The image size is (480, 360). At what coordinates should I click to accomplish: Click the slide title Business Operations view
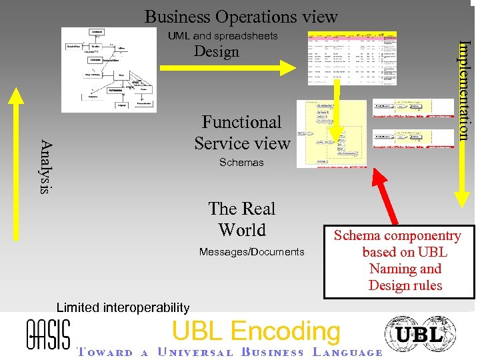pos(241,16)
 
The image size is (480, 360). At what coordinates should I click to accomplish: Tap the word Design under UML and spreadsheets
pos(216,52)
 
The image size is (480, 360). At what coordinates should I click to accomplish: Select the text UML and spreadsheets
pos(223,35)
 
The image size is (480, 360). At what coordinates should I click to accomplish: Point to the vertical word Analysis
pos(45,166)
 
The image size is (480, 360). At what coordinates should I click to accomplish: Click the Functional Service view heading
pos(242,133)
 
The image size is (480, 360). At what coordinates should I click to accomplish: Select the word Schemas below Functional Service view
pos(241,163)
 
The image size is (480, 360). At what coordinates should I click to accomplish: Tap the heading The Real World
pos(241,219)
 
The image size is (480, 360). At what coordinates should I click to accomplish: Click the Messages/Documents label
pos(251,251)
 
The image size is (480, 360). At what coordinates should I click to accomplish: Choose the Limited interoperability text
pos(123,307)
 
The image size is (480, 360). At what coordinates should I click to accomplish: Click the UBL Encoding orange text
pos(256,331)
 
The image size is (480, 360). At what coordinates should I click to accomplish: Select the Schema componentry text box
pos(397,261)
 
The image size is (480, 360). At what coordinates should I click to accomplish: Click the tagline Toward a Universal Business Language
pos(230,353)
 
